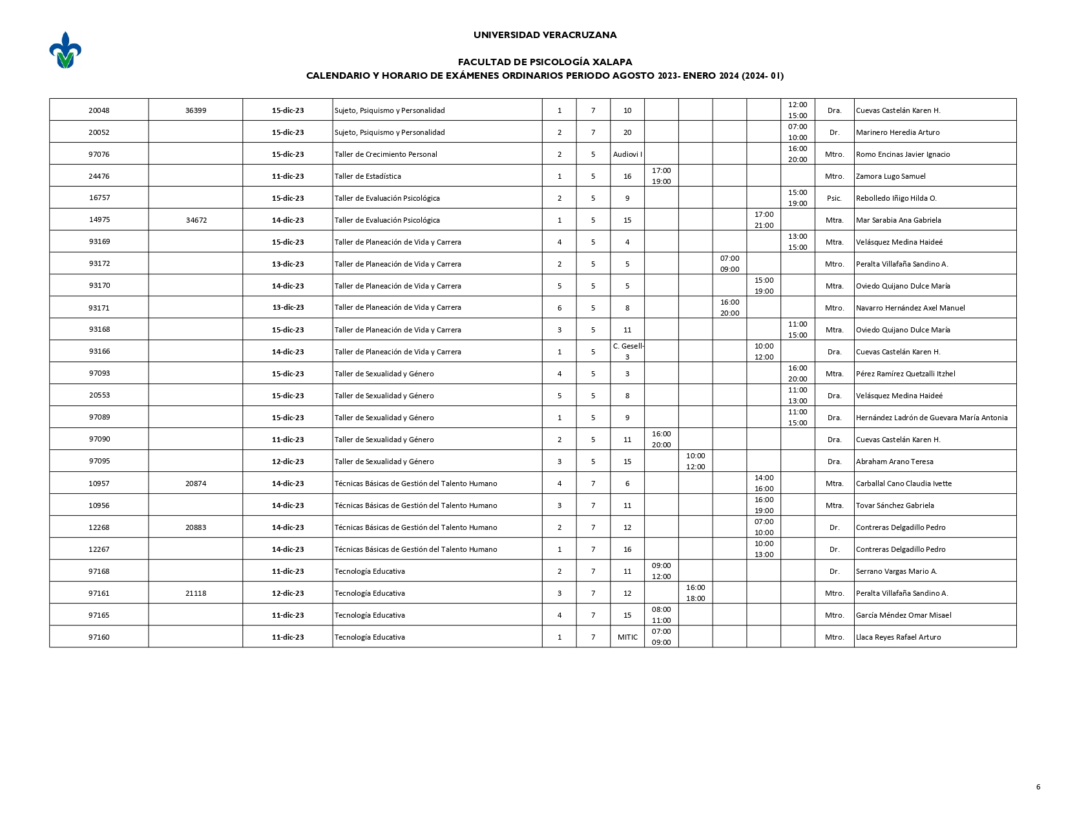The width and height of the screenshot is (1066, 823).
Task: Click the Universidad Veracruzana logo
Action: tap(65, 50)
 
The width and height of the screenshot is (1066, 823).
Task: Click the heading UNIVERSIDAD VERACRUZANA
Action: tap(545, 36)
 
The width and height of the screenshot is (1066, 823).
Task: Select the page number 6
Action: tap(1038, 787)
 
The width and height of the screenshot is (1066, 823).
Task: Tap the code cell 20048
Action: tap(99, 110)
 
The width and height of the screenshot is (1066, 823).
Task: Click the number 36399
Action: tap(196, 110)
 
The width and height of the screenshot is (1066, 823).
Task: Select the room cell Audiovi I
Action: tap(627, 154)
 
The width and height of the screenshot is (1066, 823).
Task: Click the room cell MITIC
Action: tap(627, 637)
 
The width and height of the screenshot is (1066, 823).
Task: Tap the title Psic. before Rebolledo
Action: tap(834, 198)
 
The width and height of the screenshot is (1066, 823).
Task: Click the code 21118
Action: tap(196, 593)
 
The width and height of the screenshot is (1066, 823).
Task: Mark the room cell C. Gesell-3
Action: tap(628, 351)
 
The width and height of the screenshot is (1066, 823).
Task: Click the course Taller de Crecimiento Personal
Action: tap(386, 154)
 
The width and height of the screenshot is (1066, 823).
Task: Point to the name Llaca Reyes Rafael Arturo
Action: tap(898, 637)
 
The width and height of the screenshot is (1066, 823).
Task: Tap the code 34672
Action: tap(196, 220)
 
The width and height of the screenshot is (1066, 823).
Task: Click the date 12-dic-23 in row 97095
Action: tap(287, 462)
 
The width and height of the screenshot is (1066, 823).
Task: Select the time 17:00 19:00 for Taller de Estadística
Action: tap(661, 176)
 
